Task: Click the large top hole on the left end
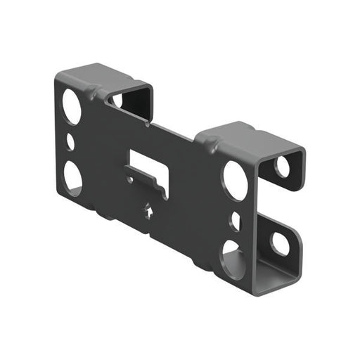tap(72, 106)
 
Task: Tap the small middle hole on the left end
tap(70, 141)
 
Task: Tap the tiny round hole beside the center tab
tap(130, 180)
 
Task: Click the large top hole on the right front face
tap(236, 180)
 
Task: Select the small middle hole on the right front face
tap(235, 221)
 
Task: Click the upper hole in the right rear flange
tap(283, 167)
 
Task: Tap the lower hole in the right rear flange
tap(280, 243)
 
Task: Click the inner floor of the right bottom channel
tap(271, 271)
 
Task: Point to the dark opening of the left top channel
tap(134, 103)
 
